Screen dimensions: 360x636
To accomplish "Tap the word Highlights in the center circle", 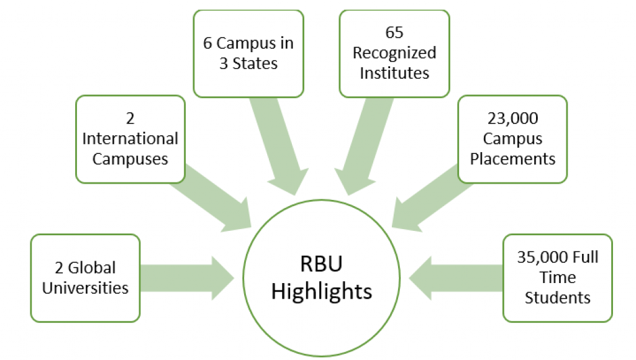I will pyautogui.click(x=322, y=291).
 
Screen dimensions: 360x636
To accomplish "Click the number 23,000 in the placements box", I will pyautogui.click(x=512, y=118).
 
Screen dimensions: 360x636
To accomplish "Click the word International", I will pyautogui.click(x=130, y=138).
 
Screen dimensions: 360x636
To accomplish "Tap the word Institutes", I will pyautogui.click(x=394, y=73).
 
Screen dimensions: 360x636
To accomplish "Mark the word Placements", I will pyautogui.click(x=512, y=159).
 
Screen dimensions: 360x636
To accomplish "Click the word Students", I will pyautogui.click(x=558, y=297).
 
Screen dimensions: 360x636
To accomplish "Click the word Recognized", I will pyautogui.click(x=394, y=53).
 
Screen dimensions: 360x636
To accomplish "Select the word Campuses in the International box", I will pyautogui.click(x=130, y=159).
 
